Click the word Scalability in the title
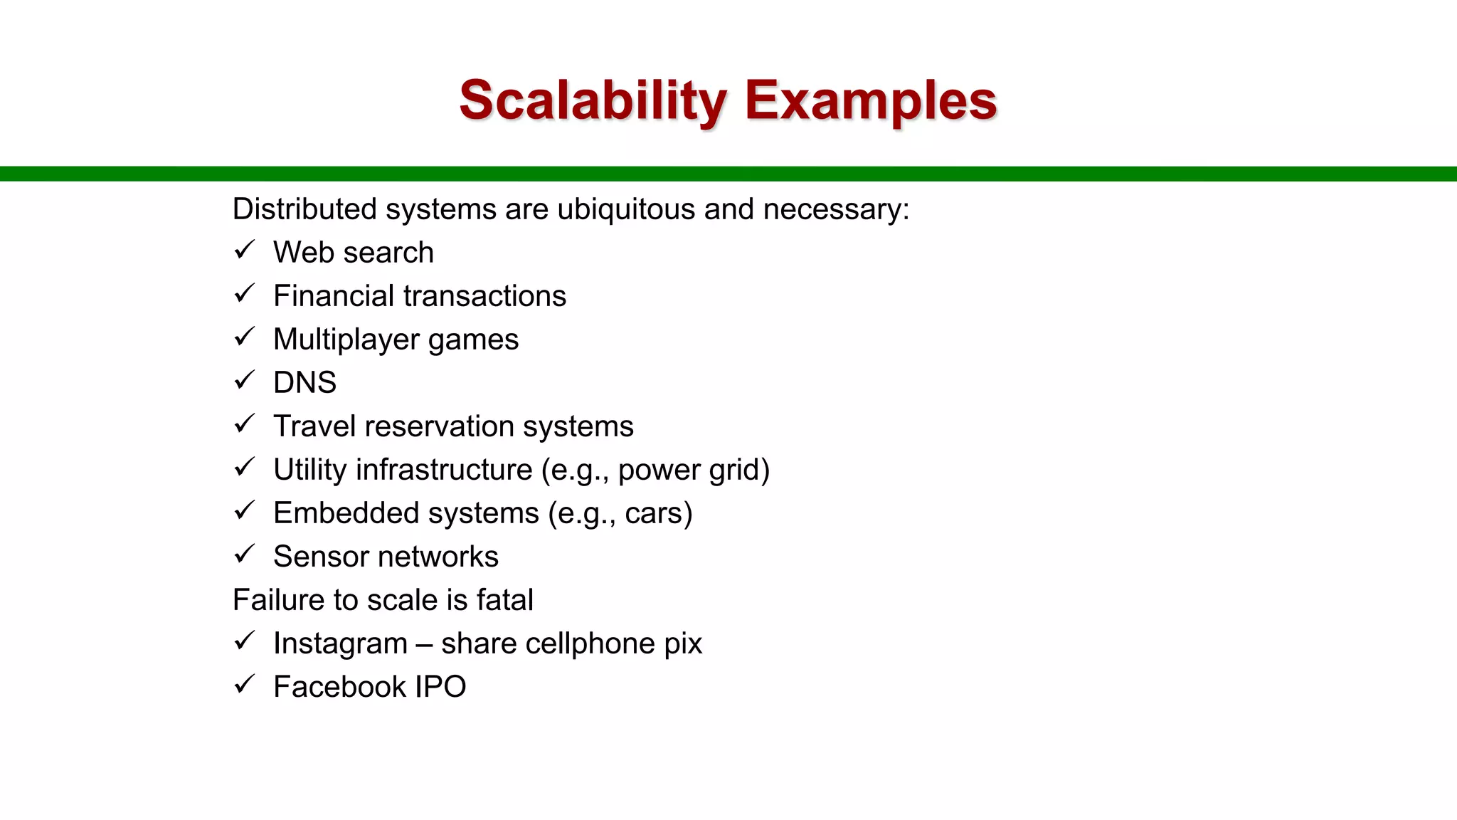click(593, 100)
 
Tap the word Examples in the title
click(871, 100)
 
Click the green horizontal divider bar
click(728, 174)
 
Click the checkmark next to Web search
click(244, 251)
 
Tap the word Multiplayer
click(346, 340)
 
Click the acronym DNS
click(304, 383)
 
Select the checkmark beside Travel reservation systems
click(244, 424)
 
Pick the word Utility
click(309, 470)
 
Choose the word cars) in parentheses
click(658, 513)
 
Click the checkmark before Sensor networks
click(244, 554)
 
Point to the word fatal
click(504, 600)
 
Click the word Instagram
click(340, 643)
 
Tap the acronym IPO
click(440, 687)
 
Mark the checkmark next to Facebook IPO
click(244, 685)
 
